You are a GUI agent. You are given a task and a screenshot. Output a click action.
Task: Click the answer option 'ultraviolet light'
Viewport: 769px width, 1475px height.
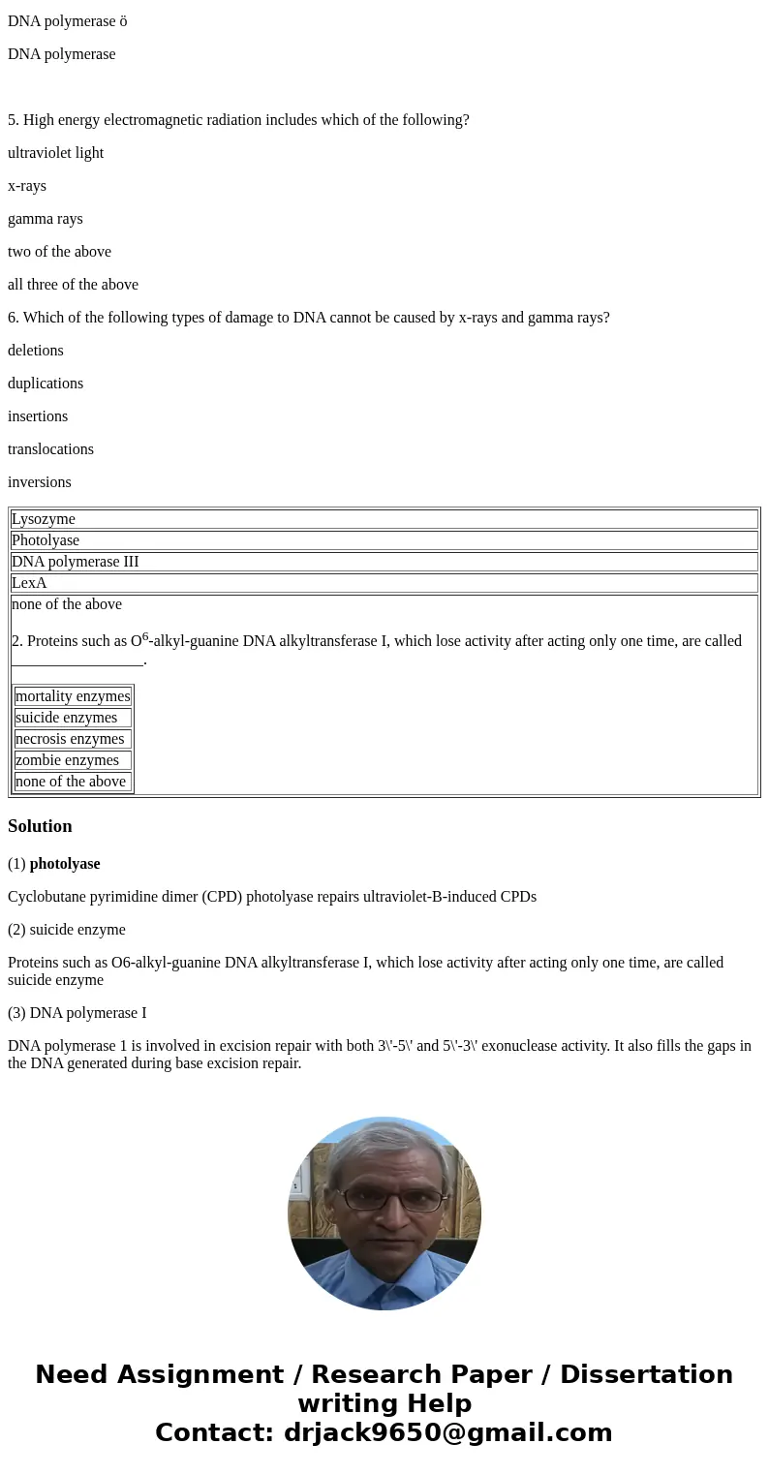55,153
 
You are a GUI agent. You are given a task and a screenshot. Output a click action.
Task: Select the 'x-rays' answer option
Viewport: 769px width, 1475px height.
27,186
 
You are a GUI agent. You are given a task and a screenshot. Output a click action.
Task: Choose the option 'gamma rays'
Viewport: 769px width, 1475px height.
46,219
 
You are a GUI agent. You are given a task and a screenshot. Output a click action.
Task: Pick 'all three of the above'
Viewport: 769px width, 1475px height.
73,285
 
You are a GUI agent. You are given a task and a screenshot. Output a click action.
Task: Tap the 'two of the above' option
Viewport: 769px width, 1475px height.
59,252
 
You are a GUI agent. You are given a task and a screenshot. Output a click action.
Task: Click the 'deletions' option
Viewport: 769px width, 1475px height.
36,351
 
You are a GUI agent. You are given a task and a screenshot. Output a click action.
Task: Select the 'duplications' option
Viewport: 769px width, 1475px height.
46,384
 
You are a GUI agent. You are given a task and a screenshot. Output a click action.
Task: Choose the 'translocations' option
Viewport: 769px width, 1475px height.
50,449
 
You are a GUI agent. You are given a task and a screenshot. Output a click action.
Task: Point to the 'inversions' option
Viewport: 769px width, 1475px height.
40,482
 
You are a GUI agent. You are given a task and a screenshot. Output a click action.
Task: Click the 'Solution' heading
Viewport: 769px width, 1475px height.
40,826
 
